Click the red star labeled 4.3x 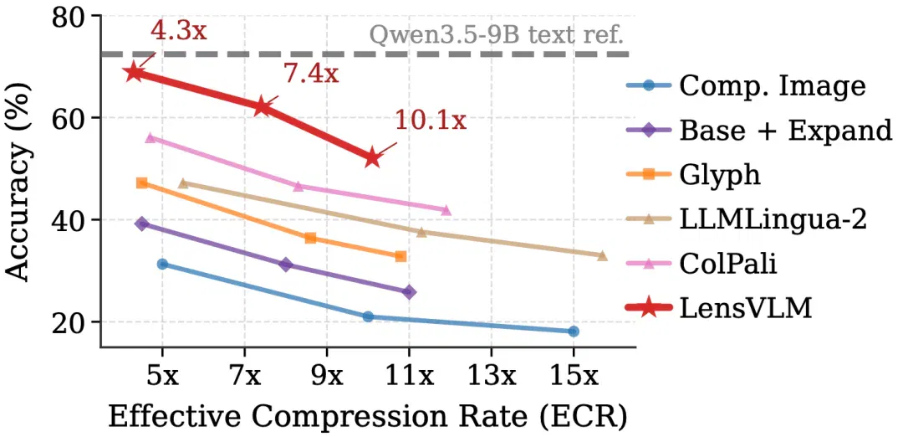(134, 72)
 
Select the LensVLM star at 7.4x (262, 106)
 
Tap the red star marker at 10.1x (372, 157)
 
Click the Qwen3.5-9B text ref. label (496, 35)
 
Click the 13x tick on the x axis (492, 377)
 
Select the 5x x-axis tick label (162, 377)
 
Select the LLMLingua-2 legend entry (746, 219)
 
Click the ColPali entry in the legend (701, 265)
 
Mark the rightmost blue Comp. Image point (574, 331)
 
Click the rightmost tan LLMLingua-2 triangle (602, 255)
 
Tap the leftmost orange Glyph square (141, 183)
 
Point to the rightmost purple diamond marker (409, 292)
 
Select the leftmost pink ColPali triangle (150, 138)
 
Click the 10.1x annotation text (430, 121)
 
